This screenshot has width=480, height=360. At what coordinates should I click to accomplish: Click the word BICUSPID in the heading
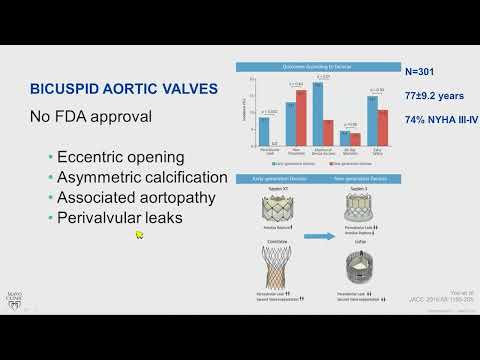66,90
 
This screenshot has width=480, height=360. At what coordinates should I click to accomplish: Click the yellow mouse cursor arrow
140,235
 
